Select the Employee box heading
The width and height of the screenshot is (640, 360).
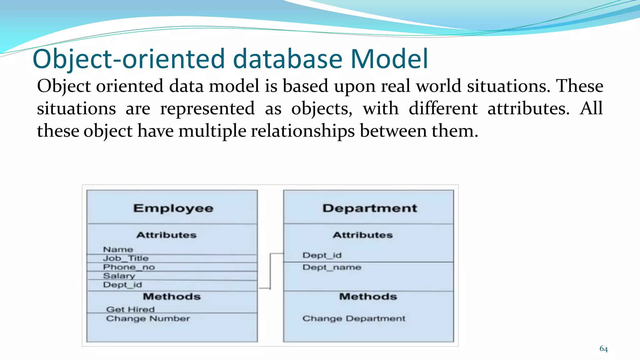tap(173, 208)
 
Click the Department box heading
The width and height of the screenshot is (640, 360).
tap(370, 208)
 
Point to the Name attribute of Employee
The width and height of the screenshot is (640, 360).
tap(118, 249)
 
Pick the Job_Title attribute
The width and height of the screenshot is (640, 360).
tap(126, 258)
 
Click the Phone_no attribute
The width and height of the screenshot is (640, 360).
tap(129, 267)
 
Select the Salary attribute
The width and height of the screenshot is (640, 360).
tap(119, 276)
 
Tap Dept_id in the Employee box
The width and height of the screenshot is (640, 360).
tap(122, 285)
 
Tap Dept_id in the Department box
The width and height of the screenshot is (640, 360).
tap(322, 255)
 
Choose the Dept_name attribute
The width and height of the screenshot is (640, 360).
tap(332, 267)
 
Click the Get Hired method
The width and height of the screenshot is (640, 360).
tap(130, 309)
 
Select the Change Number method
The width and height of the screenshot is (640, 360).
tap(148, 318)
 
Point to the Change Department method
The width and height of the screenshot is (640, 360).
tap(354, 318)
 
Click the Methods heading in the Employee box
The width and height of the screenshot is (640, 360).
tap(172, 297)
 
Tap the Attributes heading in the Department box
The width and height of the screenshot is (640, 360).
tap(362, 235)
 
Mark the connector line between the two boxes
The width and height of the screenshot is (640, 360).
tap(270, 271)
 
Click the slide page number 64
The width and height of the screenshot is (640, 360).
tap(603, 349)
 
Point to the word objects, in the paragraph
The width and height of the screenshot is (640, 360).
tap(322, 109)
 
